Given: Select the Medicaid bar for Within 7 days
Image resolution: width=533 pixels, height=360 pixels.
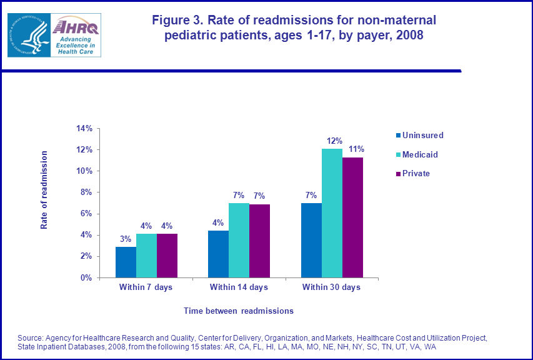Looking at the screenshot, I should pos(146,256).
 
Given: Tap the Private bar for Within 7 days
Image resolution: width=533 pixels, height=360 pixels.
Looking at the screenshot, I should pos(167,256).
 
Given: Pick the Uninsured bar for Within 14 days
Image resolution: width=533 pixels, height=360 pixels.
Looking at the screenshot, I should pos(218,254).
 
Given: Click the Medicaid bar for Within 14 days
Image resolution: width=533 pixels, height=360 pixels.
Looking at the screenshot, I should pos(239,240).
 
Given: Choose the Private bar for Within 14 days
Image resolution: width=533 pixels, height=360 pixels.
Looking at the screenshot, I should pos(259,241).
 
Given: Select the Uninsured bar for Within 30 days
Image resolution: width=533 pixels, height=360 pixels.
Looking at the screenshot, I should pos(311,240).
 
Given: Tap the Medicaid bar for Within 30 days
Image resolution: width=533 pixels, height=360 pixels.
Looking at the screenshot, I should pos(332,213).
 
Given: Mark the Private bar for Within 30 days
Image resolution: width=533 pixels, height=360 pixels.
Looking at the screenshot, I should pos(352,217).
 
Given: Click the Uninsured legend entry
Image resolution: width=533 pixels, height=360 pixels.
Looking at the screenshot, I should pos(422,135).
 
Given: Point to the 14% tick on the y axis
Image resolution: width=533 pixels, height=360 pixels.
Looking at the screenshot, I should pos(84,129).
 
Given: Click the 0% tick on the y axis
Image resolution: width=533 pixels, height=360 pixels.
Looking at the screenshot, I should pos(87,277).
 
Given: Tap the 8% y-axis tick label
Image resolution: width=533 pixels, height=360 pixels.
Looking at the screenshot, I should pos(87,192).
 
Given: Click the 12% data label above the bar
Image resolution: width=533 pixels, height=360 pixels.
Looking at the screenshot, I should pos(332,141).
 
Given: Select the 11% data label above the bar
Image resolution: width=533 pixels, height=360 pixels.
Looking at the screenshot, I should pos(356,149).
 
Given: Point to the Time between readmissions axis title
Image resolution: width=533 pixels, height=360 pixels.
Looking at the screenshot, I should pos(238,311).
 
